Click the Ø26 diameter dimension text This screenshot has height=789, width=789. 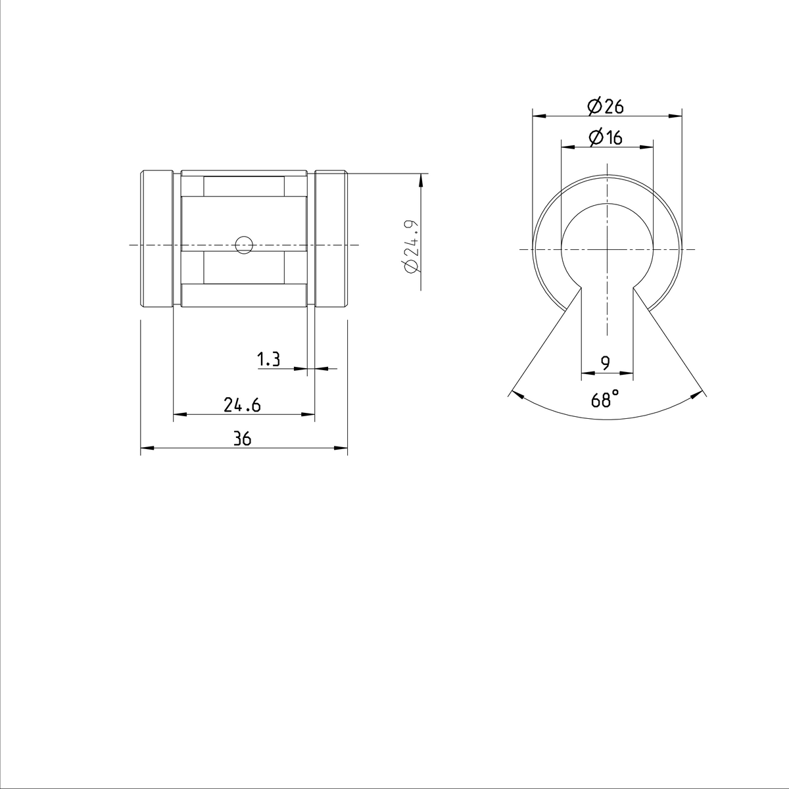coord(606,105)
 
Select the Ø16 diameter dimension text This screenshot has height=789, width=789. coord(606,137)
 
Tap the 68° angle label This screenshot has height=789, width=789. coord(606,399)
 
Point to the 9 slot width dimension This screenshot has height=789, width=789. coord(606,362)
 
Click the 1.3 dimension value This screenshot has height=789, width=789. coord(268,359)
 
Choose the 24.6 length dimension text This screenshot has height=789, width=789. coord(242,406)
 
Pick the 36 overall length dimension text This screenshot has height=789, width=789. coord(243,440)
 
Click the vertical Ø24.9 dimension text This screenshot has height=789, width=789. coord(411,247)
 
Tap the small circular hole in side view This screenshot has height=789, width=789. coord(244,245)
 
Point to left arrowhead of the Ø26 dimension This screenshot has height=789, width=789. coord(538,116)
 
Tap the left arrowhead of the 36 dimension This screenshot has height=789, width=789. coord(146,449)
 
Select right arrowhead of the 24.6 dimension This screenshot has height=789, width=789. coord(308,414)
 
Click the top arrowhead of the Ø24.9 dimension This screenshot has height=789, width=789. coord(421,178)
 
